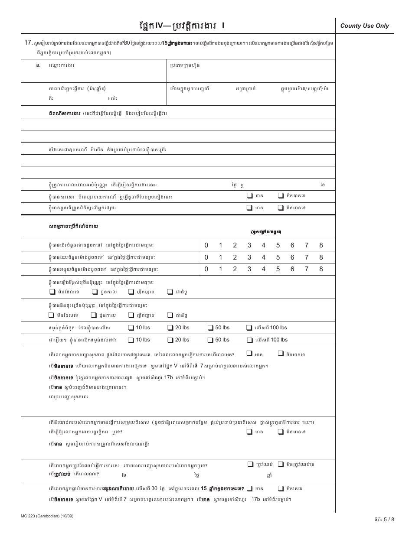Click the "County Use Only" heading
pyautogui.click(x=364, y=26)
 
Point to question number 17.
pyautogui.click(x=28, y=42)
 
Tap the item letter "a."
pyautogui.click(x=38, y=65)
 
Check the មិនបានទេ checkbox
pyautogui.click(x=281, y=196)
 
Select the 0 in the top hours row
pyautogui.click(x=206, y=245)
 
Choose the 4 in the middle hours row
pyautogui.click(x=263, y=257)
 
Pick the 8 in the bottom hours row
pyautogui.click(x=321, y=269)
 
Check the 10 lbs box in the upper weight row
pyautogui.click(x=131, y=328)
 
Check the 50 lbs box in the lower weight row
pyautogui.click(x=210, y=340)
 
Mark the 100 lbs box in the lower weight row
pyautogui.click(x=250, y=340)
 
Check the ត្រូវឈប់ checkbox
pyautogui.click(x=250, y=464)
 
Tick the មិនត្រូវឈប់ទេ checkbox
pyautogui.click(x=281, y=464)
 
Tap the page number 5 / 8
pyautogui.click(x=389, y=519)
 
